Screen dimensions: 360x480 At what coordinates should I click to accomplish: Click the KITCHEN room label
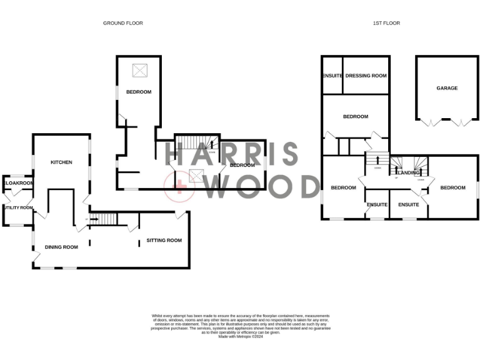[61, 162]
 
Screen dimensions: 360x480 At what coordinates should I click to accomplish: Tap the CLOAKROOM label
[18, 183]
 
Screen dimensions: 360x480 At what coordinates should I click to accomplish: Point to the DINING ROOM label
[61, 247]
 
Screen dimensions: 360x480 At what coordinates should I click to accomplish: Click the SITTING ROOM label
[164, 240]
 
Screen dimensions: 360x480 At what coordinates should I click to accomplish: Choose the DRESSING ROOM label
[366, 76]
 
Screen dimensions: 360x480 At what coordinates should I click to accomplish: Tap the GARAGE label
[447, 88]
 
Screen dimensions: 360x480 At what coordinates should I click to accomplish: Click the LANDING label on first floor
[408, 172]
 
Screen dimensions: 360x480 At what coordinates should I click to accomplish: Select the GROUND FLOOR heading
[123, 23]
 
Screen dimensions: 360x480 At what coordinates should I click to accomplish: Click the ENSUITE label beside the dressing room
[332, 76]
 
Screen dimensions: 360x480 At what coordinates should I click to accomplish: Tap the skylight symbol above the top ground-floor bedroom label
[139, 71]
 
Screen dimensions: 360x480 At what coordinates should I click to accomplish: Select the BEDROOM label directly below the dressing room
[355, 116]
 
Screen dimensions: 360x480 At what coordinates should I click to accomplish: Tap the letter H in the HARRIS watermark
[177, 154]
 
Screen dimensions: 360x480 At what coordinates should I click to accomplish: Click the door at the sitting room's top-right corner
[181, 216]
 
